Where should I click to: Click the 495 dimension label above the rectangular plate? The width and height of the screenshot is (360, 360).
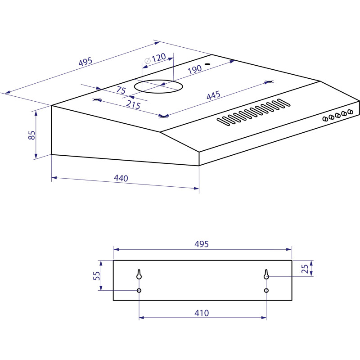pos(201,244)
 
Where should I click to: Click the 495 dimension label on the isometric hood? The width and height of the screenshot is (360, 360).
pos(85,62)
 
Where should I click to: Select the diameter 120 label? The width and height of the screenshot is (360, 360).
pos(155,58)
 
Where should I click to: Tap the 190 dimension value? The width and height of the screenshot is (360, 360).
pos(195,70)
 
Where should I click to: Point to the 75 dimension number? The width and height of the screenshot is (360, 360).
pos(121,90)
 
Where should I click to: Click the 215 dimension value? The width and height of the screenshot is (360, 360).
pos(133,105)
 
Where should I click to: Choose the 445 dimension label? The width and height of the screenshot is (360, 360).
pos(213,95)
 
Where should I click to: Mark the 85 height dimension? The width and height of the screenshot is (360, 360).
pos(31,135)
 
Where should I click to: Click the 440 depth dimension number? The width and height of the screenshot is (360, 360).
pos(121,178)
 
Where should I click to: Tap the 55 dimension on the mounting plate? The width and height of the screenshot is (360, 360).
pos(97,275)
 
